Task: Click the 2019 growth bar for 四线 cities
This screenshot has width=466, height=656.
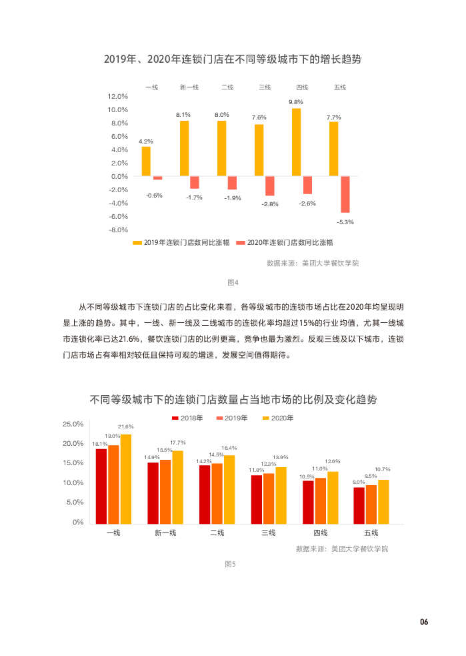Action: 297,142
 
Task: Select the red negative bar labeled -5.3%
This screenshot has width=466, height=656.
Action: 345,194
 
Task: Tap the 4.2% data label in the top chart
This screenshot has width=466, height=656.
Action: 146,141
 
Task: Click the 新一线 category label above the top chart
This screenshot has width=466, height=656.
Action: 189,87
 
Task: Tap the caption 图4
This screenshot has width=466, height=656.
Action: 233,282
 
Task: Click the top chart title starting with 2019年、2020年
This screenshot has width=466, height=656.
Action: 233,59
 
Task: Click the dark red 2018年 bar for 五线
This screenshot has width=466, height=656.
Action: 359,505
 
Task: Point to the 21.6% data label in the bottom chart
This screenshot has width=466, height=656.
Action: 125,426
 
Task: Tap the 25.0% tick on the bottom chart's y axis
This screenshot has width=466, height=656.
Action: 73,424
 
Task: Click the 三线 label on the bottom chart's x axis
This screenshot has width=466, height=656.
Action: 268,533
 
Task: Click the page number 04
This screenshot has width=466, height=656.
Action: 423,622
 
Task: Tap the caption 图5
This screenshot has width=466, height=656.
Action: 231,564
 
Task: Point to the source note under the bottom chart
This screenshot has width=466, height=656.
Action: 341,549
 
